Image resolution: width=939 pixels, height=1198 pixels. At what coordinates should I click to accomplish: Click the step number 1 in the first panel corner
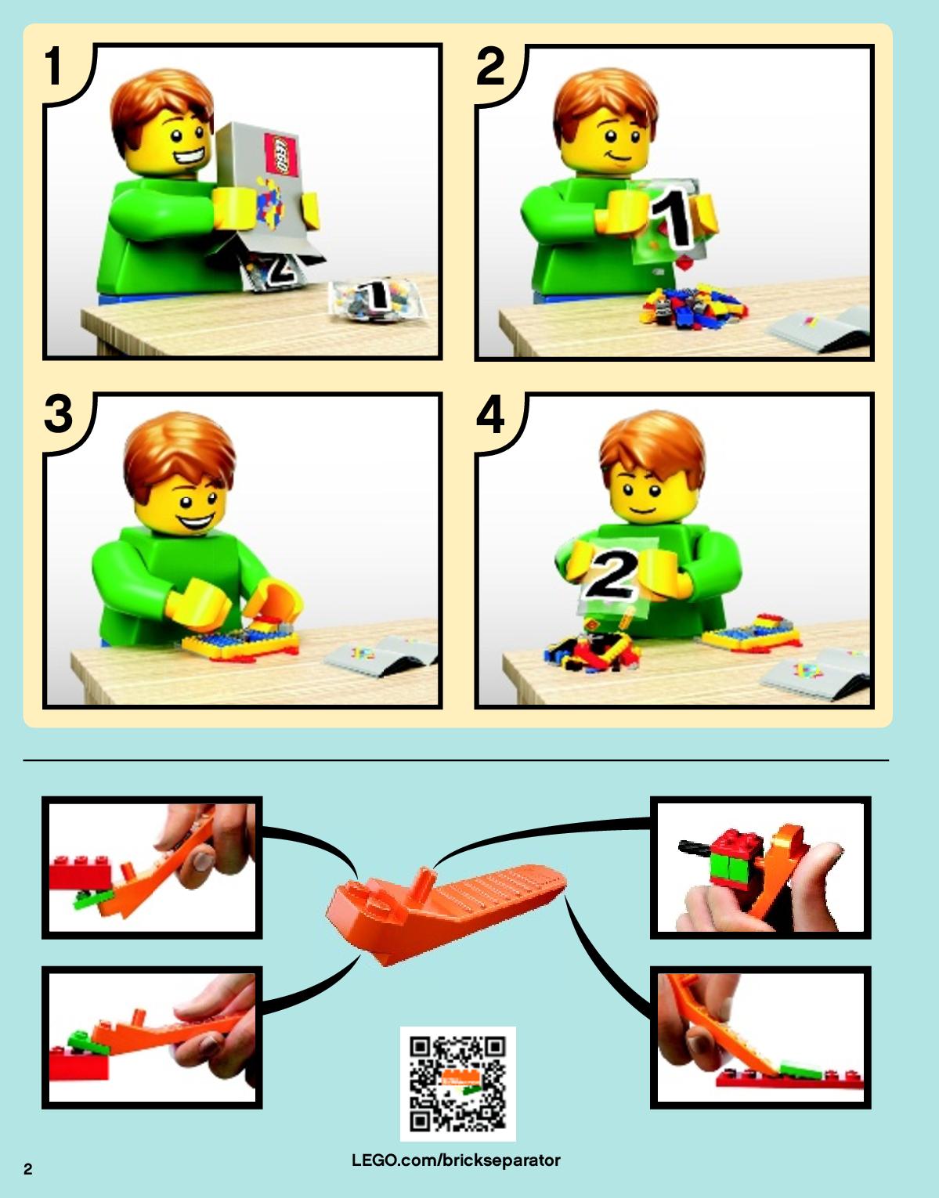tap(53, 66)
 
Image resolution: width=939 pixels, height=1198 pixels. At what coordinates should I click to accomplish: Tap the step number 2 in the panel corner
tap(490, 66)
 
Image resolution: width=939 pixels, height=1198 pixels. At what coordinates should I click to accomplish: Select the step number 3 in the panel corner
tap(58, 414)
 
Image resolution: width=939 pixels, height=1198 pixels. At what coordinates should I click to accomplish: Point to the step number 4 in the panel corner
tap(490, 414)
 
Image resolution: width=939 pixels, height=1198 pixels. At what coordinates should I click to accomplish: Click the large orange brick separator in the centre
tap(446, 912)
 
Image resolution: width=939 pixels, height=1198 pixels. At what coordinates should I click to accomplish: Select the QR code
tap(457, 1084)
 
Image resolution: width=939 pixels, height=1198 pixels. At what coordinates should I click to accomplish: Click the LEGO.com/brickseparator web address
tap(456, 1160)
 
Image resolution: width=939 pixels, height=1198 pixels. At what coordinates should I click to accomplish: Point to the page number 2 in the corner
tap(28, 1169)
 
